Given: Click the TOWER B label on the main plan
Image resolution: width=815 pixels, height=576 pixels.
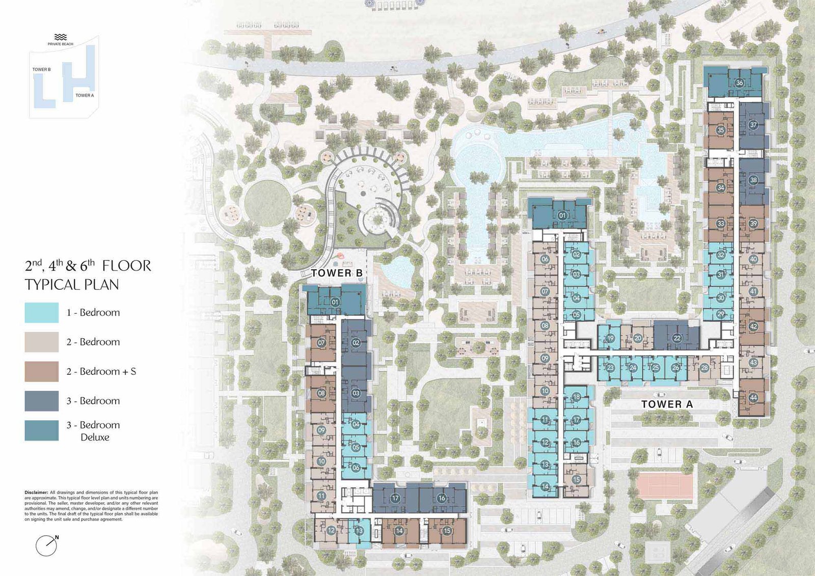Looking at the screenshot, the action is point(337,273).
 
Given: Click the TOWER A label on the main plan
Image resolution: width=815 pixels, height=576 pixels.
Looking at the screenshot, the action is point(667,404).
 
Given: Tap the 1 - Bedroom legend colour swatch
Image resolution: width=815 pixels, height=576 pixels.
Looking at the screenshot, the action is point(42,313).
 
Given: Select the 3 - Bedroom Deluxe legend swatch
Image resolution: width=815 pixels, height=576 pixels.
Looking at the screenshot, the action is point(42,430).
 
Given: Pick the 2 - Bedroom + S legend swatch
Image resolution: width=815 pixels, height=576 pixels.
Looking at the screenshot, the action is point(42,371).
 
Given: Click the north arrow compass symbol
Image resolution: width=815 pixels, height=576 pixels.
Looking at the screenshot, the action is point(47,546).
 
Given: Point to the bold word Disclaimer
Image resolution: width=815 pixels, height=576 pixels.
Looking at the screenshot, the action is point(36,492).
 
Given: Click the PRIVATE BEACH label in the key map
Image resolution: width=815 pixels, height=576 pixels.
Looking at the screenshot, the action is point(61,44).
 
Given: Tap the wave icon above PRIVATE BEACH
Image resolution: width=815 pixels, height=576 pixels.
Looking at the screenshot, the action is point(61,37).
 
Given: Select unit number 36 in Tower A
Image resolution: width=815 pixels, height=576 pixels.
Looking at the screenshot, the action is point(739,83).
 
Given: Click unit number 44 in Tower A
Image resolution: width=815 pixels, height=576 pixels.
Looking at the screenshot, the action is point(753,398).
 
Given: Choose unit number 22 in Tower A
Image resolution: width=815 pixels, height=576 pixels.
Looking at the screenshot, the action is point(677,338).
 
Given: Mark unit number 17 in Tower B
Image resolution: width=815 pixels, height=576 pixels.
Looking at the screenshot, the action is point(395,498).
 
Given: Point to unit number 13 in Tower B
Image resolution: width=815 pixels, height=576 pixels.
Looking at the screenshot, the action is point(359,531).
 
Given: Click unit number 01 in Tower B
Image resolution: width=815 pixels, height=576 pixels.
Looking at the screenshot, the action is point(335,302).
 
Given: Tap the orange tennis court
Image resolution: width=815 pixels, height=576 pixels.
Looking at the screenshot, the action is point(664,485).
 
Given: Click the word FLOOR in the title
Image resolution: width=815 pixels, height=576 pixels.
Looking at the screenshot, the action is point(126,266).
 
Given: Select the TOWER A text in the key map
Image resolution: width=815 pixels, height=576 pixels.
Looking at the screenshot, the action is point(85,95).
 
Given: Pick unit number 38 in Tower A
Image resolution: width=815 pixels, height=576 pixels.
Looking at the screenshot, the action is point(753,180).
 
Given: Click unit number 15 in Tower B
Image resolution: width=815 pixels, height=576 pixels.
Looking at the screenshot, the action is point(447,531).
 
